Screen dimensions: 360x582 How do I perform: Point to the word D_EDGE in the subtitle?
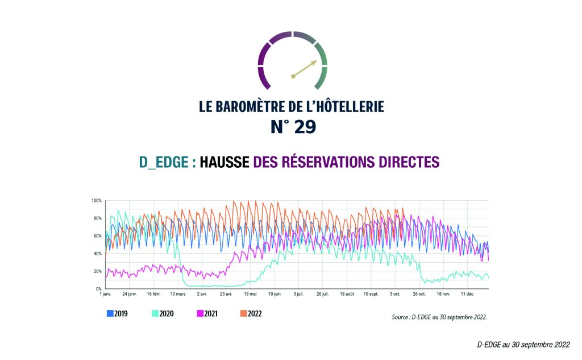point(164,162)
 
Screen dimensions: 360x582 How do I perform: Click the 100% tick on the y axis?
point(96,201)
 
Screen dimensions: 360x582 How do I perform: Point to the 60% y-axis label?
point(97,236)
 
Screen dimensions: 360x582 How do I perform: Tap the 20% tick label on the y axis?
point(97,271)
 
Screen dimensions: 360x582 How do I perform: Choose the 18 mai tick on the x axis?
point(250,294)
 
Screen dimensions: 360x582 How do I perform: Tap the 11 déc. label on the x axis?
point(468,294)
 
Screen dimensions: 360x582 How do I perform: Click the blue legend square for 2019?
point(110,313)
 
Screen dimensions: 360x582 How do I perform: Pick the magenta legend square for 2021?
point(200,313)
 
